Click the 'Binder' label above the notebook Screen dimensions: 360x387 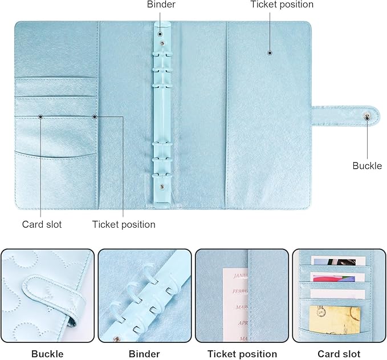(161, 5)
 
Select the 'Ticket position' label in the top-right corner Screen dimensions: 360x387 (282, 5)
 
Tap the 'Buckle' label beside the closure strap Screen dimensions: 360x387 (367, 165)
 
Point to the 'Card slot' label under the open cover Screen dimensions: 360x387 (42, 224)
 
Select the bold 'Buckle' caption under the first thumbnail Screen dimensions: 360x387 (47, 354)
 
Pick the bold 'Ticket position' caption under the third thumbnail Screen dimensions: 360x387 (242, 354)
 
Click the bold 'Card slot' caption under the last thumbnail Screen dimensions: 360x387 (339, 354)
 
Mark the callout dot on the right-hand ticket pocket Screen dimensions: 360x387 (270, 53)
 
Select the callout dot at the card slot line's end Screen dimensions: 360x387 (41, 117)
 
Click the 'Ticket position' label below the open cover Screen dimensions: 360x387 (124, 224)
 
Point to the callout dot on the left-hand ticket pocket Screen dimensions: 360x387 (95, 117)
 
